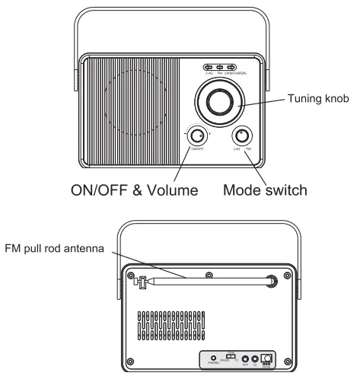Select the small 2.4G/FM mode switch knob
(x=242, y=137)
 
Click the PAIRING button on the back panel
(x=214, y=358)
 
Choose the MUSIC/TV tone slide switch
(x=231, y=356)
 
